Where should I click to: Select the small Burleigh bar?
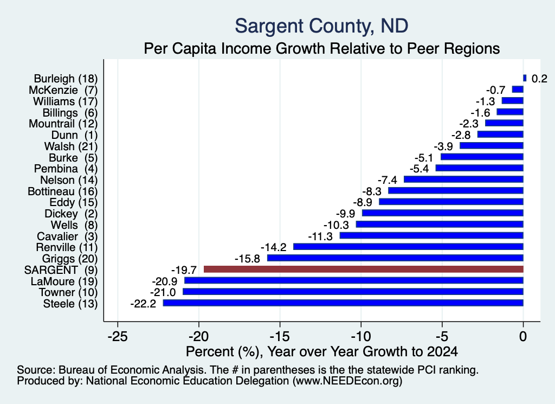click(525, 78)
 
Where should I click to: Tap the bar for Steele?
click(343, 303)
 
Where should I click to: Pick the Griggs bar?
click(395, 258)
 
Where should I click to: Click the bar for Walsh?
click(492, 145)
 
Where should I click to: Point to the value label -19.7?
click(184, 270)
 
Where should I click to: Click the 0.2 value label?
click(539, 79)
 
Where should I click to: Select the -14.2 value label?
click(274, 247)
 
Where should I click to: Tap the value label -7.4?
click(387, 180)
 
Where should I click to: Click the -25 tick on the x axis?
click(118, 336)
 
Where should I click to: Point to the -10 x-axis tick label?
click(361, 336)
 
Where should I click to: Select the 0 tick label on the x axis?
click(523, 336)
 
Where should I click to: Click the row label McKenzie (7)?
click(63, 90)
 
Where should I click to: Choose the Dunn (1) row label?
click(74, 135)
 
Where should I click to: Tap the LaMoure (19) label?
click(64, 281)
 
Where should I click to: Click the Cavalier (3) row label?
click(67, 236)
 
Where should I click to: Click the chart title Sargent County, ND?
click(321, 26)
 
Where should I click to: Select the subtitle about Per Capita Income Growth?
click(322, 48)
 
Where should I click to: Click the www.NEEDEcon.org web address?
click(347, 381)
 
